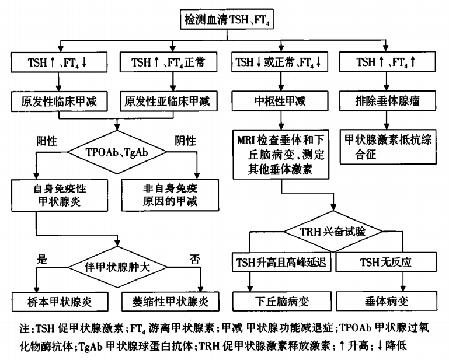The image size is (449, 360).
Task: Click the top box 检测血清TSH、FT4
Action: point(227,19)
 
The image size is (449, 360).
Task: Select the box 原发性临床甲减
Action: point(60,102)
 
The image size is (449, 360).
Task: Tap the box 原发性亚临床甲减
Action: point(168,102)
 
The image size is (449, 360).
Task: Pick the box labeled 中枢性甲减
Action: point(280,101)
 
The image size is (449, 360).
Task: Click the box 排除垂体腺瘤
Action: point(388,101)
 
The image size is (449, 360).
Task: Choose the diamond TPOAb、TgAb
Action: point(117,152)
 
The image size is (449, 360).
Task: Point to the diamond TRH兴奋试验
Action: point(333,231)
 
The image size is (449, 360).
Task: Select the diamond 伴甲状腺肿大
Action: point(117,267)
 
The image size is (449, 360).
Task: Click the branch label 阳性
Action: point(47,141)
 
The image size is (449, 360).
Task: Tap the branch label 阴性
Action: point(186,141)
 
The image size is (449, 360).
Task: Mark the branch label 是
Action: point(42,259)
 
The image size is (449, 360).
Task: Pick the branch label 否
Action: point(194,259)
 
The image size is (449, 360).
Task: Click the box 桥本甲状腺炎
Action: point(60,302)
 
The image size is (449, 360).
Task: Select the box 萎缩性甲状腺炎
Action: point(170,302)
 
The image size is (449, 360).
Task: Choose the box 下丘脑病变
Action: point(282,301)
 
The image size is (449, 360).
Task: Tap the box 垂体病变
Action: point(387,301)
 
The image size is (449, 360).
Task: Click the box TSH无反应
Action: point(387,262)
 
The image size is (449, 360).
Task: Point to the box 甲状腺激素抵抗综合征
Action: point(388,147)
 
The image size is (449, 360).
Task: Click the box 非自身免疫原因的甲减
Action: point(170,195)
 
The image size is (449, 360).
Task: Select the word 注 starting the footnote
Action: point(25,328)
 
